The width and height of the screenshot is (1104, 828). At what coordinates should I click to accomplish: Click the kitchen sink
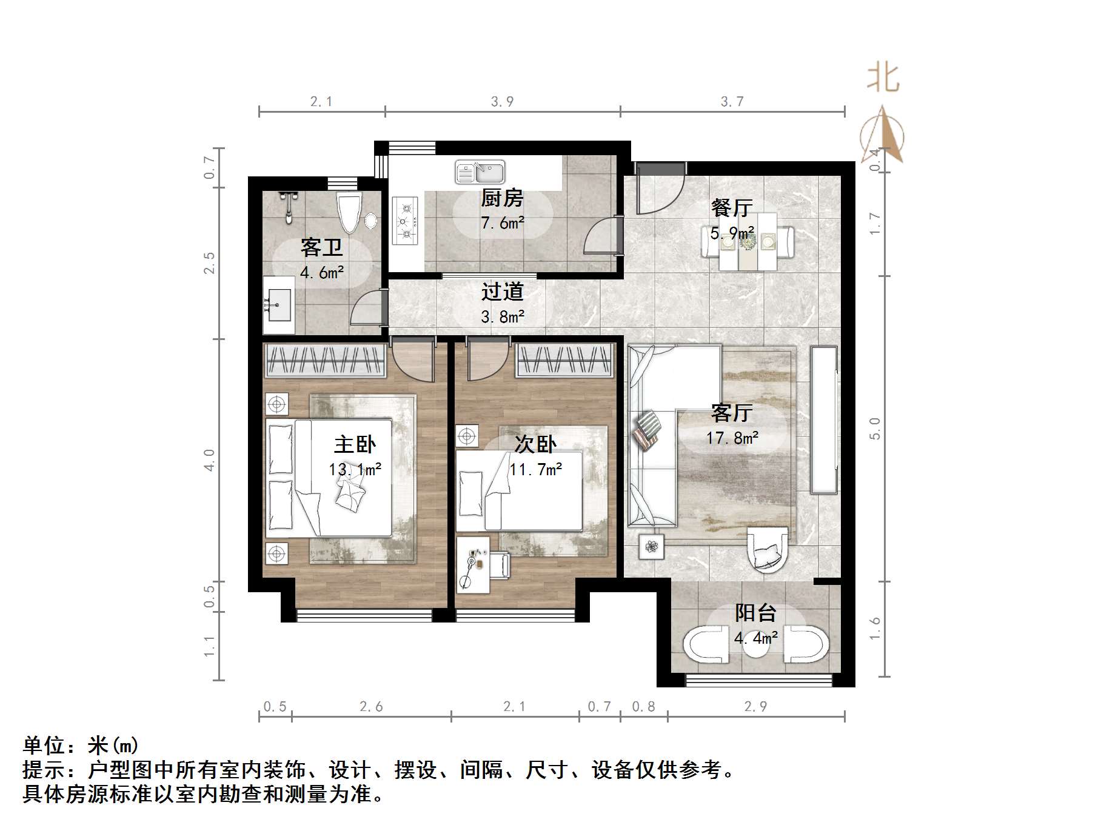[x=480, y=172]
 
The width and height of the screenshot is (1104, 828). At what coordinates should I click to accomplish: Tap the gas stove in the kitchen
[x=405, y=221]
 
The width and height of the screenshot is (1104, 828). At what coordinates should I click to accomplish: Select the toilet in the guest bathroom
[x=349, y=213]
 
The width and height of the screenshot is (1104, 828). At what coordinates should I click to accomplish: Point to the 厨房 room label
[x=501, y=198]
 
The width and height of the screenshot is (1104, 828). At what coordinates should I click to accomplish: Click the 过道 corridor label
[x=502, y=292]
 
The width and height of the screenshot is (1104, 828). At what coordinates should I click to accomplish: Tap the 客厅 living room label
[x=732, y=413]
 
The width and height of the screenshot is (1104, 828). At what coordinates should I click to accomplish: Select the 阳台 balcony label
[x=755, y=613]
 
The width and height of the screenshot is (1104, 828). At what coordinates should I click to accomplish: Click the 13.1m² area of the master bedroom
[x=355, y=469]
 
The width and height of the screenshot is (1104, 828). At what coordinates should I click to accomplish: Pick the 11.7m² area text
[x=535, y=469]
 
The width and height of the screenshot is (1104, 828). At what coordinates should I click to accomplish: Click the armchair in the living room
[x=768, y=549]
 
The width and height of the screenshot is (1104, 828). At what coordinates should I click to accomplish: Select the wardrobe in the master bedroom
[x=326, y=361]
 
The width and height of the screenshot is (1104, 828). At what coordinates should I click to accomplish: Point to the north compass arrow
[x=883, y=135]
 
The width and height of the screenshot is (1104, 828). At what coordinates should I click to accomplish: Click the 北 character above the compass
[x=883, y=79]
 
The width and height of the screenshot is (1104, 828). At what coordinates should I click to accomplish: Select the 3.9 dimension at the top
[x=502, y=102]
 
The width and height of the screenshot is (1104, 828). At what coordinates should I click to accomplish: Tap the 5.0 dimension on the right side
[x=874, y=429]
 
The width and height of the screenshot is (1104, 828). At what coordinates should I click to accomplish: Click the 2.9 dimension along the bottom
[x=755, y=706]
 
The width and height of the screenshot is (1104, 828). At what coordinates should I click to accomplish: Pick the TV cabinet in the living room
[x=824, y=419]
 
